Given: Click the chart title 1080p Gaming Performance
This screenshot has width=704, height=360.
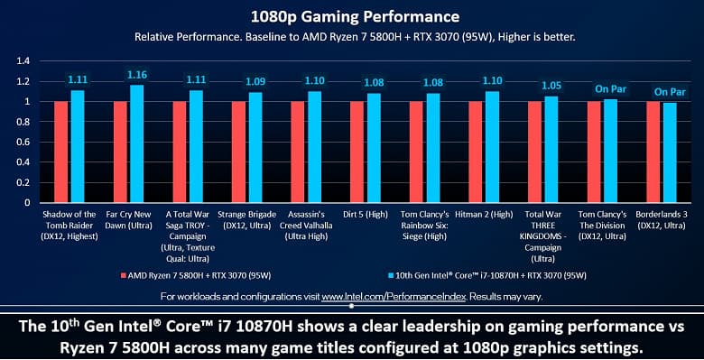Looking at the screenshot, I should pyautogui.click(x=351, y=16).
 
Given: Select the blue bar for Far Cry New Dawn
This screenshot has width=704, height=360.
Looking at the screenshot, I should pyautogui.click(x=137, y=143).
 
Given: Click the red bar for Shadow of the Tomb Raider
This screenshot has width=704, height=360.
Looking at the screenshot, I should pyautogui.click(x=60, y=152).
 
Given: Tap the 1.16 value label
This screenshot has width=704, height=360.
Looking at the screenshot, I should pyautogui.click(x=137, y=75).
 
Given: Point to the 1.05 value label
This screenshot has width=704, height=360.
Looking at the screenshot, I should pyautogui.click(x=551, y=86).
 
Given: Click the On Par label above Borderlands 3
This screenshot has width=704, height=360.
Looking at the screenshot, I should pyautogui.click(x=670, y=92).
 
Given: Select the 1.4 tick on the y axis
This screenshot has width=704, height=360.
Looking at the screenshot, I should pyautogui.click(x=23, y=60).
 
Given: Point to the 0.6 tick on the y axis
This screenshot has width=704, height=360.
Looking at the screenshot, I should pyautogui.click(x=23, y=142).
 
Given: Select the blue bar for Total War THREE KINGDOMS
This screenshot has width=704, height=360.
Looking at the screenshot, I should pyautogui.click(x=551, y=149).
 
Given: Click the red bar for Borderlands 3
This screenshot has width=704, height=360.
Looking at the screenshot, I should pyautogui.click(x=653, y=152).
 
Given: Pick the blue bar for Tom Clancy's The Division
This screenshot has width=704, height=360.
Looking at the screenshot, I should pyautogui.click(x=611, y=151).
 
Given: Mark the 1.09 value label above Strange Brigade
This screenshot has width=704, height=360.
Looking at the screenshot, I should pyautogui.click(x=255, y=82).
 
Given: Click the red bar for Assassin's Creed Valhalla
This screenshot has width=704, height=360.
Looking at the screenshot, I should pyautogui.click(x=297, y=152).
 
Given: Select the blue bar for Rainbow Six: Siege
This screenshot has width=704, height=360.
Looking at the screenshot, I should pyautogui.click(x=433, y=148).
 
